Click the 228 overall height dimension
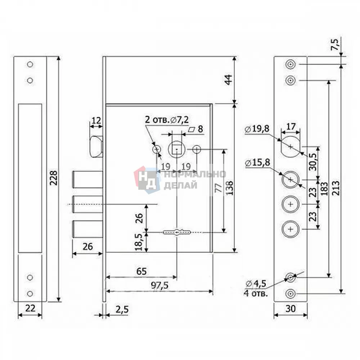click(x=54, y=178)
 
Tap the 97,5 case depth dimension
click(x=159, y=285)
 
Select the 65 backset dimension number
click(x=141, y=271)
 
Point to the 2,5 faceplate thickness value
click(x=122, y=310)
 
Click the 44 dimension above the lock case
click(x=229, y=80)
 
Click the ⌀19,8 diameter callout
click(x=257, y=129)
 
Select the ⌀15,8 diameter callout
click(x=257, y=163)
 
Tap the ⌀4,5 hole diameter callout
click(x=256, y=284)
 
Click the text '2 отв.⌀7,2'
click(x=167, y=120)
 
